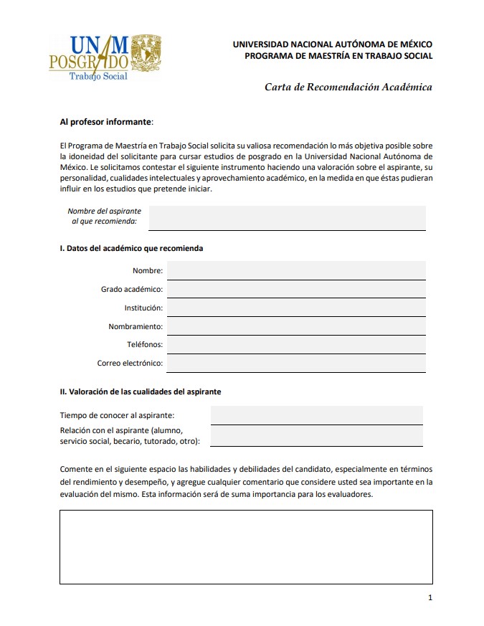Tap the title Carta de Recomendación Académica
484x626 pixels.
348,87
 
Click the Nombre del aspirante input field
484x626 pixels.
287,217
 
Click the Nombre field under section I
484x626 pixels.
295,270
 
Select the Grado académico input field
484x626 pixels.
295,289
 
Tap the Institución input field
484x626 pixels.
295,308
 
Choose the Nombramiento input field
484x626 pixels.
295,326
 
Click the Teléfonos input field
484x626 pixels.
295,344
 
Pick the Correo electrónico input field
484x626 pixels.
295,363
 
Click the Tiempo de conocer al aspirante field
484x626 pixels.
316,415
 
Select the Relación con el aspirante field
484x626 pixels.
316,435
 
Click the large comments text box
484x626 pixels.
246,546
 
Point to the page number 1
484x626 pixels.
430,597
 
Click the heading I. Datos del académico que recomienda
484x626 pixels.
131,249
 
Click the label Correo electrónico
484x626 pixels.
130,364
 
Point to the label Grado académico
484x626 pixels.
132,290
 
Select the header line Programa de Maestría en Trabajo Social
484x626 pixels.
338,56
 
